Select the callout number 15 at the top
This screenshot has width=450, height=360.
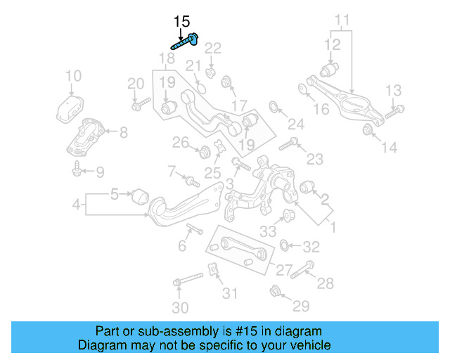coord(181,22)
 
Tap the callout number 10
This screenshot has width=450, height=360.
coord(73,76)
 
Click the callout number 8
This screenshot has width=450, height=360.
coord(123,131)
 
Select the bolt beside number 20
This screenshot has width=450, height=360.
coord(140,106)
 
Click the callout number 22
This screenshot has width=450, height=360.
coord(212,48)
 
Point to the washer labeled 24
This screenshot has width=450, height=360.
coord(274,108)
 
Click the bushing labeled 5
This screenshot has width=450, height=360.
coord(140,193)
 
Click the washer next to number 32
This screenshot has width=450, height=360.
coord(285,245)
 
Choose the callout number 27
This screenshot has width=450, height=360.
coord(283,270)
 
